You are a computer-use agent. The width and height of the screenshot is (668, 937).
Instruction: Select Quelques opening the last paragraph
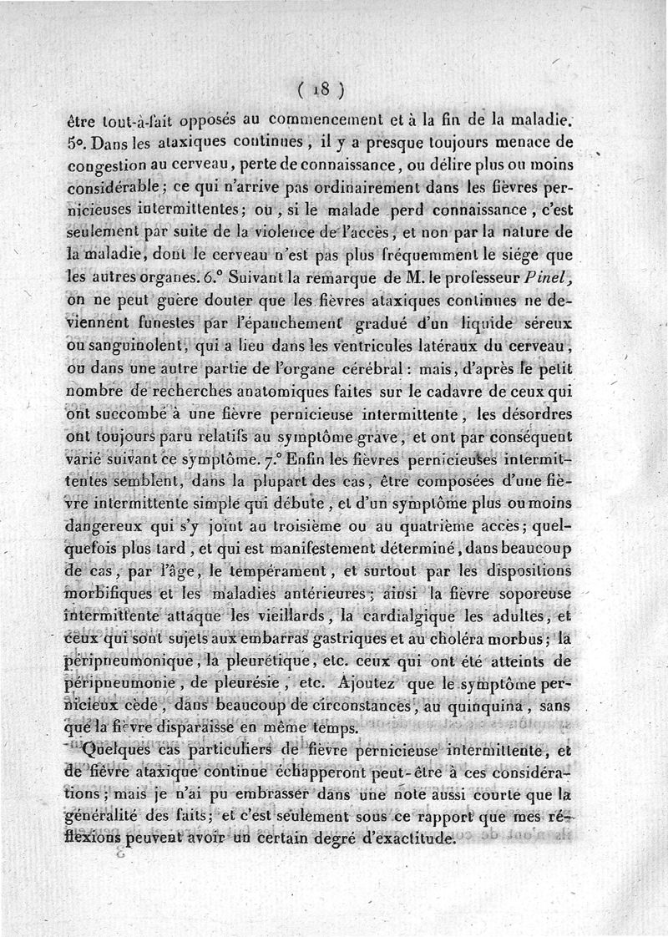click(x=120, y=751)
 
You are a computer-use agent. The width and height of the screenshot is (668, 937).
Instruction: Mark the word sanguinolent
click(x=125, y=344)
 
